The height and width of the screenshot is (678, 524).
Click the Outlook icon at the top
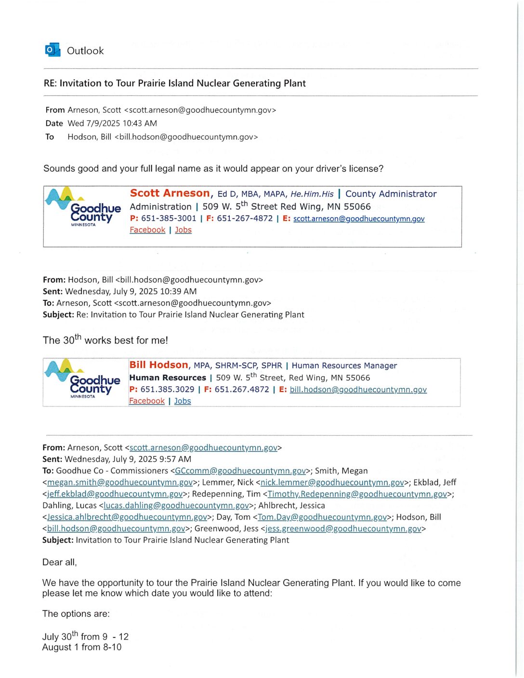[x=52, y=50]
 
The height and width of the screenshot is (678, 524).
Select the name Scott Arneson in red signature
[x=170, y=193]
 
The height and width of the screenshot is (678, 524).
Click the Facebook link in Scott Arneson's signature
[x=147, y=230]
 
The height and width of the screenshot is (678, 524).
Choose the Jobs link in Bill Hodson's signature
[x=183, y=401]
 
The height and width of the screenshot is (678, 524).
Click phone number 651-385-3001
[x=169, y=219]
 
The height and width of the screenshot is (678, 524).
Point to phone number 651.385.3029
[x=167, y=390]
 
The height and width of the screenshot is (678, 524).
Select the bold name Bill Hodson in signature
[x=158, y=365]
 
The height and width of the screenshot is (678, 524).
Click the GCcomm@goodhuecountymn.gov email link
[x=240, y=471]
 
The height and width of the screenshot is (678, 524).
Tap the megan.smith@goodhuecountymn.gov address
[x=120, y=482]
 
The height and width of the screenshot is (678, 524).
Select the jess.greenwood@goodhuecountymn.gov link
[x=343, y=529]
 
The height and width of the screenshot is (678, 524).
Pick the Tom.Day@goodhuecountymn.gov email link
[x=322, y=517]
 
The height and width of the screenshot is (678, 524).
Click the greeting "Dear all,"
[x=60, y=562]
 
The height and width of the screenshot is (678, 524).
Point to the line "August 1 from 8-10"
[x=82, y=648]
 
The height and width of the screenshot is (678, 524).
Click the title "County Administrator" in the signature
[x=391, y=194]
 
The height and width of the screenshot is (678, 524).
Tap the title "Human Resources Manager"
[x=344, y=366]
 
